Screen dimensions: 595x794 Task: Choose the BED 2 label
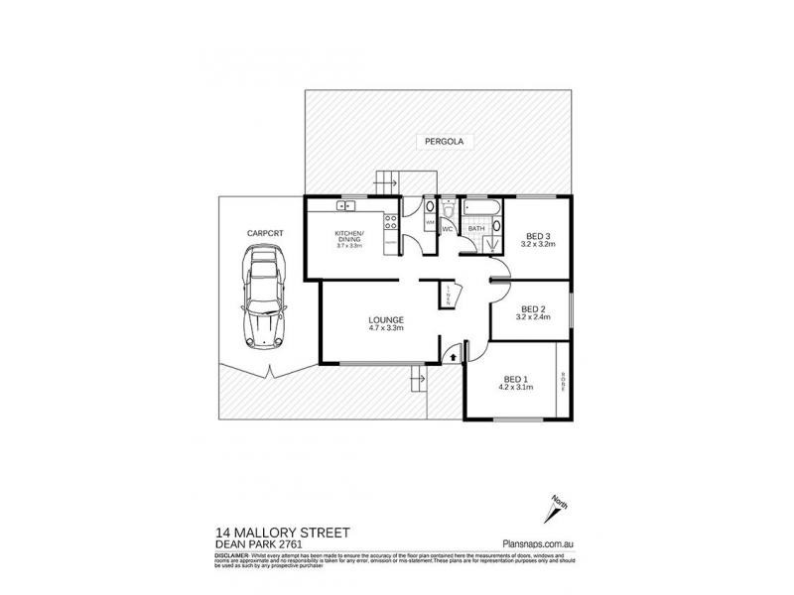[534, 307]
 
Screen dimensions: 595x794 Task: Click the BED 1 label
[515, 379]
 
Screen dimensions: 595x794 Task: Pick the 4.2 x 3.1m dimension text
[516, 388]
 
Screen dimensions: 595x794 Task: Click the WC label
[448, 229]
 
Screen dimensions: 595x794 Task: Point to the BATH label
[476, 229]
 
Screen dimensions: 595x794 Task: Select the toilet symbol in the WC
[449, 208]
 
